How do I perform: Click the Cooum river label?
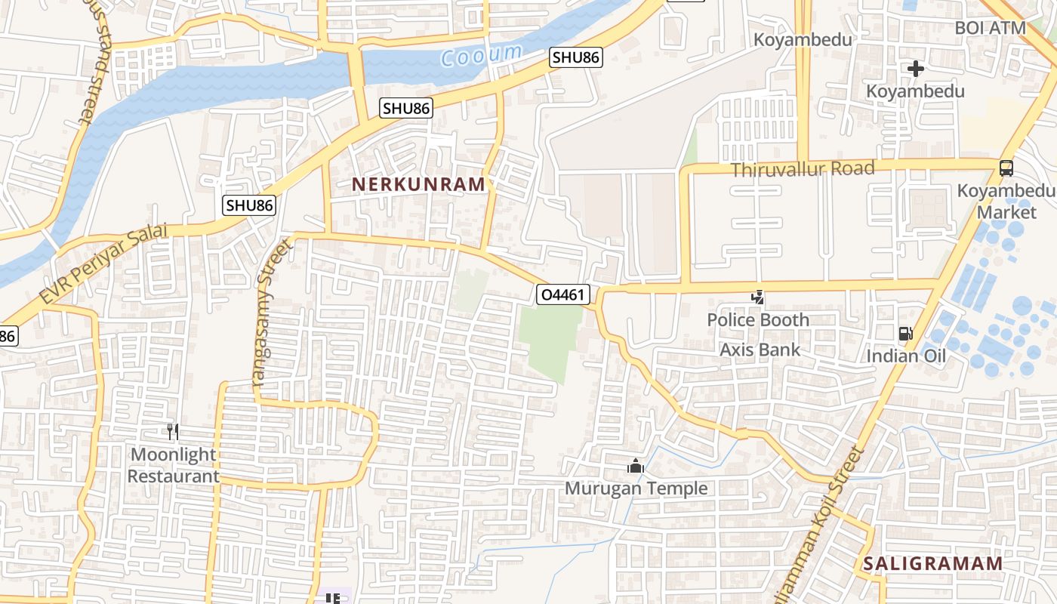tap(481, 55)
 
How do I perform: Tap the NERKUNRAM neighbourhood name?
tap(418, 184)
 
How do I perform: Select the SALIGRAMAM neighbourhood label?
tap(933, 563)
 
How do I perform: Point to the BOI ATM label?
tap(990, 28)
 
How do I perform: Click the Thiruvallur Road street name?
tap(803, 168)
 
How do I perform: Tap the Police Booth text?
tap(758, 320)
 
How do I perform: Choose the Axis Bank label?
tap(760, 350)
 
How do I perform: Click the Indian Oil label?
tap(906, 356)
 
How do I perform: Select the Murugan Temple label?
tap(636, 488)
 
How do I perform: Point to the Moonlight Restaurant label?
tap(173, 465)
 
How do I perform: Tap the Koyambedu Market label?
tap(1006, 201)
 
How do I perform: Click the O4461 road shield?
tap(563, 294)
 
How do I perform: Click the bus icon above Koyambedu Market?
tap(1006, 168)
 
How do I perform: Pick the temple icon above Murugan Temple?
tap(636, 467)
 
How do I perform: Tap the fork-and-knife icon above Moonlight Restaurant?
tap(173, 431)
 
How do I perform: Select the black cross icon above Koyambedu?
tap(916, 69)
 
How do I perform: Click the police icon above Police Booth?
tap(757, 297)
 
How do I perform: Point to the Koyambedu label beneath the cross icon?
tap(915, 91)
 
